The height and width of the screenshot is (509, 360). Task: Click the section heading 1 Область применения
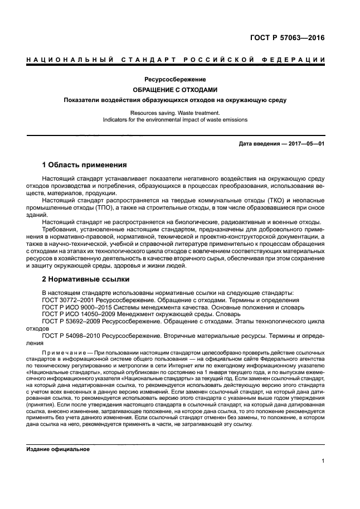(85, 165)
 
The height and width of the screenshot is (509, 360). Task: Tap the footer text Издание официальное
(58, 449)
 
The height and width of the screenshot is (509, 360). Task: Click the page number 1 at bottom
(323, 461)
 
